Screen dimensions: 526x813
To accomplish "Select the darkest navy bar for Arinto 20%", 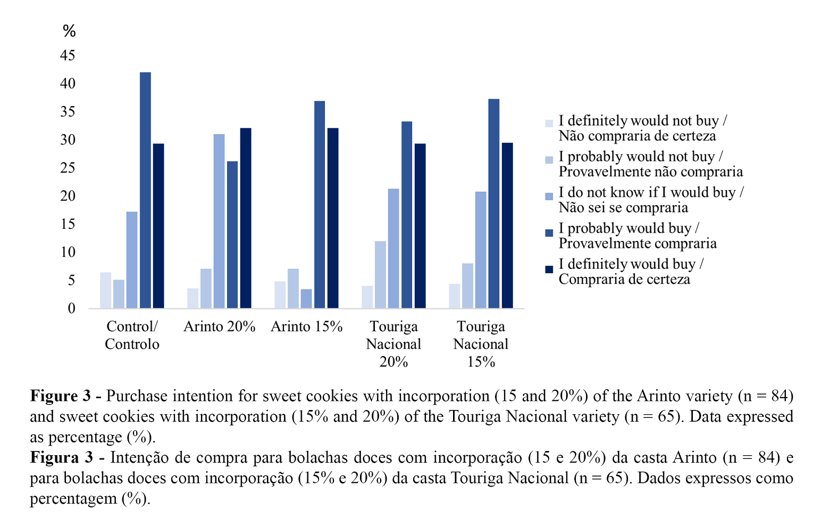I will click(246, 218).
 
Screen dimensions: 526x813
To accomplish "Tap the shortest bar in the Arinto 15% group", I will click(306, 299).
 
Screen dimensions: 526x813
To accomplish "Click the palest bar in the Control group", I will click(106, 290).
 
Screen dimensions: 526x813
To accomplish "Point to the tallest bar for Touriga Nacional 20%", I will click(407, 215).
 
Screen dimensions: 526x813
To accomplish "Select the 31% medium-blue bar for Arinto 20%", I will click(219, 221).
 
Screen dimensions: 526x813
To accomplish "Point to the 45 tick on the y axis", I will click(68, 56).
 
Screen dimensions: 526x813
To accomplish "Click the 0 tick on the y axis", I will click(71, 309).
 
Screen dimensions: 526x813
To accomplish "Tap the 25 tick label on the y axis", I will click(68, 168).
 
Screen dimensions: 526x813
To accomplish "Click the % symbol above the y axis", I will click(69, 31).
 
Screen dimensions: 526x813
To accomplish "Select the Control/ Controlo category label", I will click(132, 335).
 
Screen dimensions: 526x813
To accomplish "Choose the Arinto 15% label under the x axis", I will click(306, 326).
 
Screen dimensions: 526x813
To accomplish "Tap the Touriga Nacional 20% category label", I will click(393, 344).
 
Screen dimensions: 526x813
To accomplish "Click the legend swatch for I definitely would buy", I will click(549, 269).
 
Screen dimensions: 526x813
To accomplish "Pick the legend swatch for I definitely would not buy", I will click(549, 124).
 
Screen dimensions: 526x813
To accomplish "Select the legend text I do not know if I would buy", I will click(651, 193).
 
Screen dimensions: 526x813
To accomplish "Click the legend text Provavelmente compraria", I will click(638, 243).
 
